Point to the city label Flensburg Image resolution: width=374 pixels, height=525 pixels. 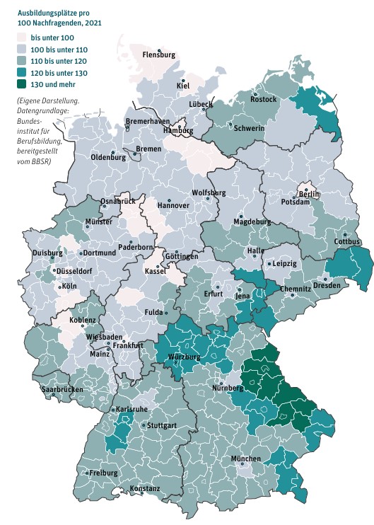158,54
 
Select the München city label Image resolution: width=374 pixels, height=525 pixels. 245,459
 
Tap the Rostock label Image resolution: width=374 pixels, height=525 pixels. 263,100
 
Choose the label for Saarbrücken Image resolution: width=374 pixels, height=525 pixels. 62,390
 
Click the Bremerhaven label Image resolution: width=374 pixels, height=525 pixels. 147,122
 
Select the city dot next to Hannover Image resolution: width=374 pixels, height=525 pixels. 169,200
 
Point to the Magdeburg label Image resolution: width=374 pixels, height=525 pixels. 252,222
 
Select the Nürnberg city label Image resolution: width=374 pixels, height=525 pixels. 229,388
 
